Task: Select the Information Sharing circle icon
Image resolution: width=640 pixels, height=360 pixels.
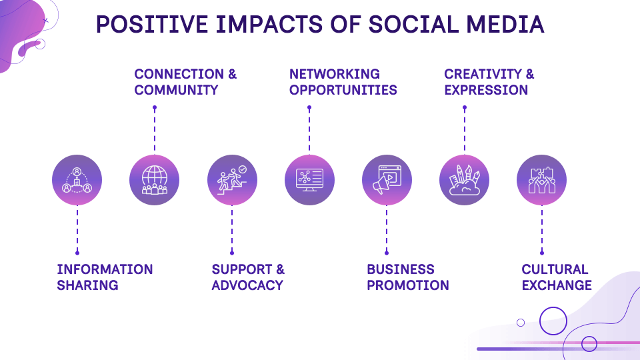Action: coord(77,180)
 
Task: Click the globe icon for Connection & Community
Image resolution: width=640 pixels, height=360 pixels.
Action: coord(155,180)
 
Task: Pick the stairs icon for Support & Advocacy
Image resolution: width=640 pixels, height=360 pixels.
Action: coord(232,180)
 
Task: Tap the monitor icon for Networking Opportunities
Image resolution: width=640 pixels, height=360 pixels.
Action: coord(309,180)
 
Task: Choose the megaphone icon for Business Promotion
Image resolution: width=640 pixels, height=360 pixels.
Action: coord(387,180)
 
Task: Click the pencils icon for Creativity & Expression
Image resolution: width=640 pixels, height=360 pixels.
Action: coord(464,180)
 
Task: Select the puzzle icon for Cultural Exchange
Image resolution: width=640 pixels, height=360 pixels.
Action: coord(541,180)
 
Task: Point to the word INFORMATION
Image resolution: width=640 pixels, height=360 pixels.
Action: coord(105,269)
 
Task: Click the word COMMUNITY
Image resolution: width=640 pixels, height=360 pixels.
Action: coord(176,90)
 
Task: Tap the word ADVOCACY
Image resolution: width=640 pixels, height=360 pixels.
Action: coord(247,285)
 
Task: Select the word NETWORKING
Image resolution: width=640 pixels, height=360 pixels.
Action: coord(335,74)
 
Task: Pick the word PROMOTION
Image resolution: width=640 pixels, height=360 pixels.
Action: coord(408,285)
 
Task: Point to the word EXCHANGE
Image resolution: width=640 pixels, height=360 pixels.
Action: coord(557,285)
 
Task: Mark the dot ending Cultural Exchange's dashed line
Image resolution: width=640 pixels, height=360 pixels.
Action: coord(541,253)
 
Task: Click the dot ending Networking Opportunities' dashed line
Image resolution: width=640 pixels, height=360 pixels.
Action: coord(309,107)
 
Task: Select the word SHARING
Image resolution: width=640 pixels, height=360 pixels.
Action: coord(87,285)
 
